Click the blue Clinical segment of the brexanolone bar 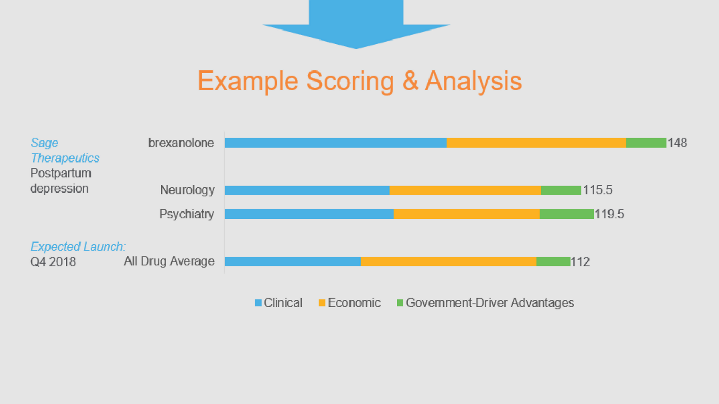[x=336, y=143]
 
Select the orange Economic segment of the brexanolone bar [x=536, y=143]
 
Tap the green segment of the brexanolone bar [x=646, y=143]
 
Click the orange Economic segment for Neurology [x=465, y=190]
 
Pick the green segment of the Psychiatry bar [x=566, y=214]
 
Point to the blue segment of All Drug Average [x=293, y=261]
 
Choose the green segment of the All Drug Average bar [x=553, y=261]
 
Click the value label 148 [x=677, y=143]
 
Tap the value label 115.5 [x=597, y=190]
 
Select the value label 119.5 [x=610, y=214]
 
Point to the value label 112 [x=581, y=262]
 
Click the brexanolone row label [x=181, y=143]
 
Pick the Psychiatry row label [x=186, y=214]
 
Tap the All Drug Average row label [x=169, y=261]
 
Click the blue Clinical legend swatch [x=258, y=302]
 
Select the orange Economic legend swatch [x=322, y=302]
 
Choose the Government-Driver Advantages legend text [x=490, y=302]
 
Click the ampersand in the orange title [x=410, y=81]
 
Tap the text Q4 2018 [x=53, y=262]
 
